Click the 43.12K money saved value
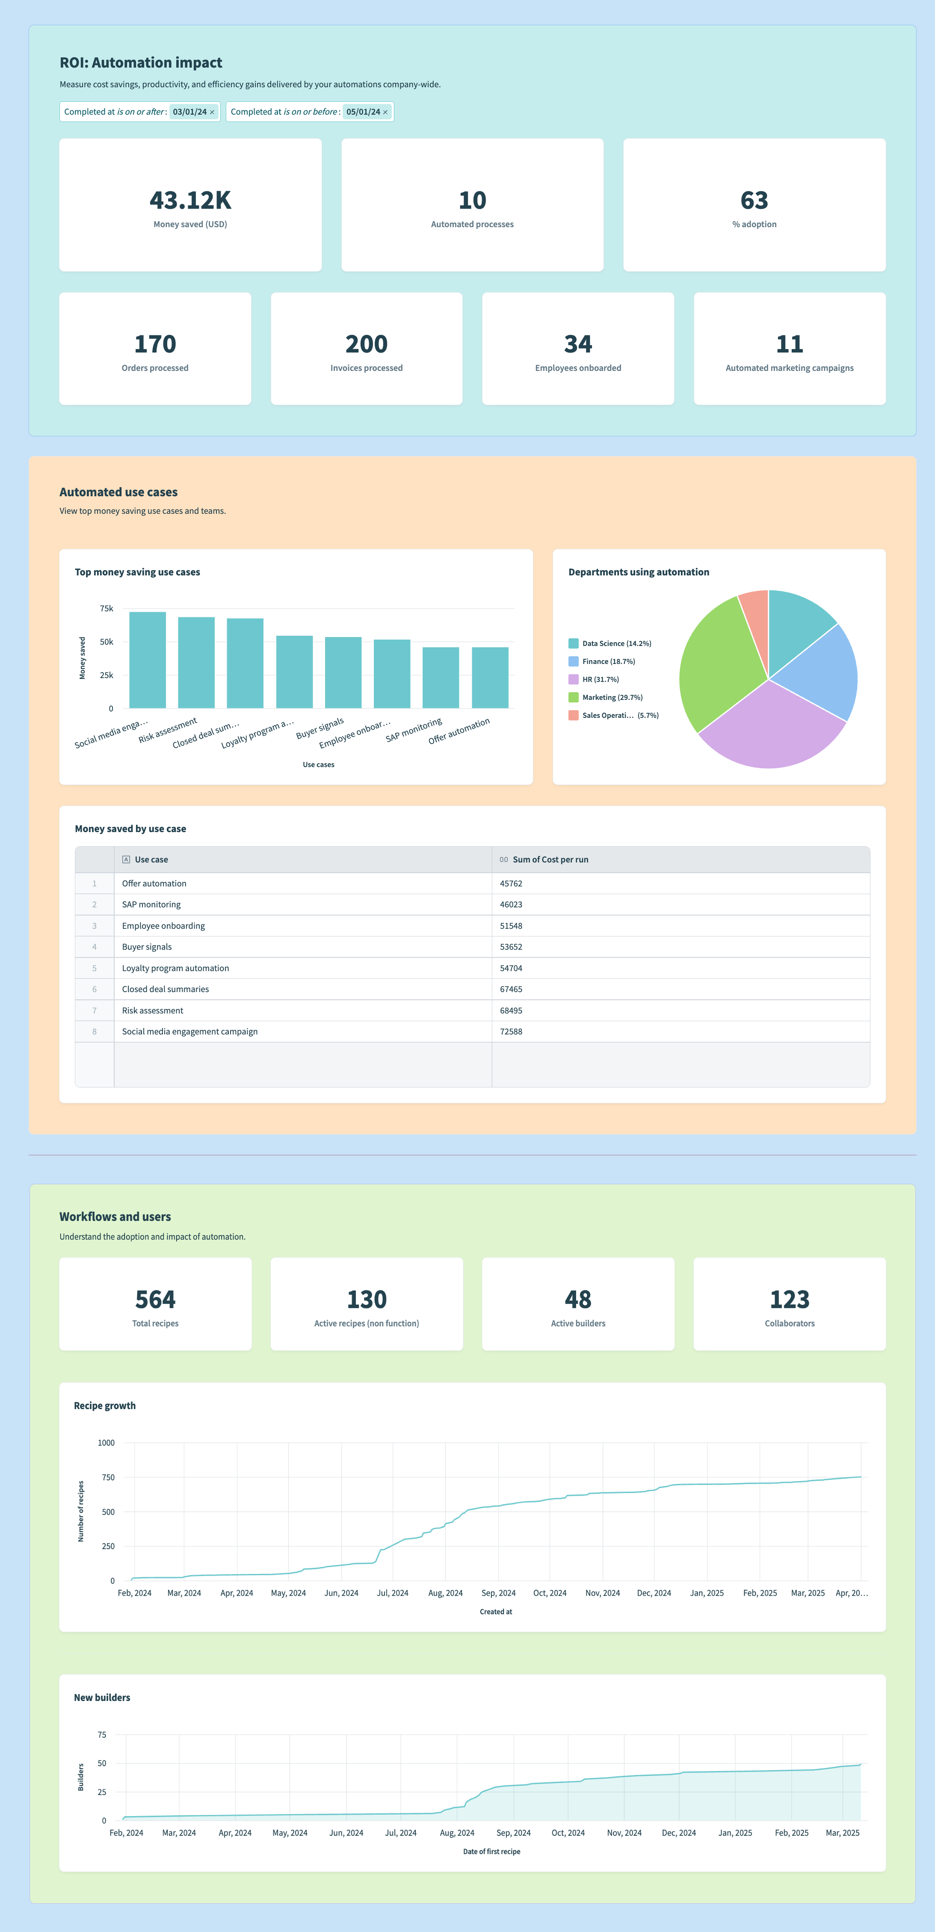[190, 200]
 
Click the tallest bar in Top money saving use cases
[148, 660]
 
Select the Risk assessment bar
[196, 662]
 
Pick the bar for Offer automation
[490, 677]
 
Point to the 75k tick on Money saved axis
[107, 608]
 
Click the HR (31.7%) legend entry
[600, 679]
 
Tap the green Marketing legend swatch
[574, 697]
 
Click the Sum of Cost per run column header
[550, 859]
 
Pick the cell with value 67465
[512, 989]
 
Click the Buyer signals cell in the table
[147, 947]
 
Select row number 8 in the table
[95, 1032]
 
